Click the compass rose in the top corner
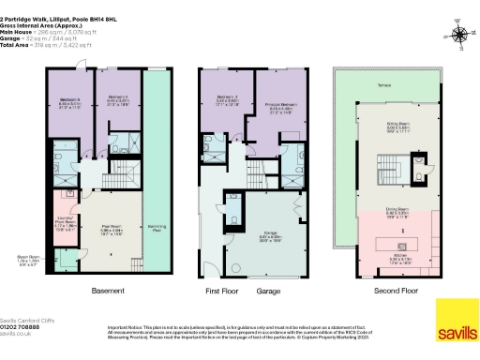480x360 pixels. coord(458,36)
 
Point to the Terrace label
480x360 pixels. coord(384,84)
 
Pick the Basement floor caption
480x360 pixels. coord(108,291)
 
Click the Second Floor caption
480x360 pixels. coord(388,291)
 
